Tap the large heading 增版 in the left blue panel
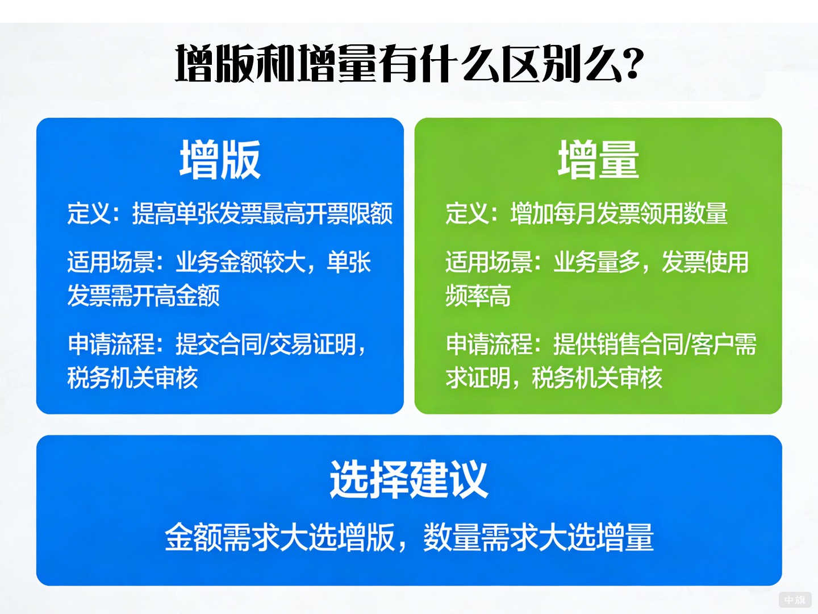(220, 160)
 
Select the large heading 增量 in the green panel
(598, 160)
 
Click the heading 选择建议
(408, 479)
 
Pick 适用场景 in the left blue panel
(111, 263)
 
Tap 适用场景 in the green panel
(489, 263)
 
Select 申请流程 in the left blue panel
(111, 345)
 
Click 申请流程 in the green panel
(489, 345)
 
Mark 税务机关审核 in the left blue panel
(132, 378)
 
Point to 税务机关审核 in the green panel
(597, 378)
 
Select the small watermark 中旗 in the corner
(795, 600)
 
